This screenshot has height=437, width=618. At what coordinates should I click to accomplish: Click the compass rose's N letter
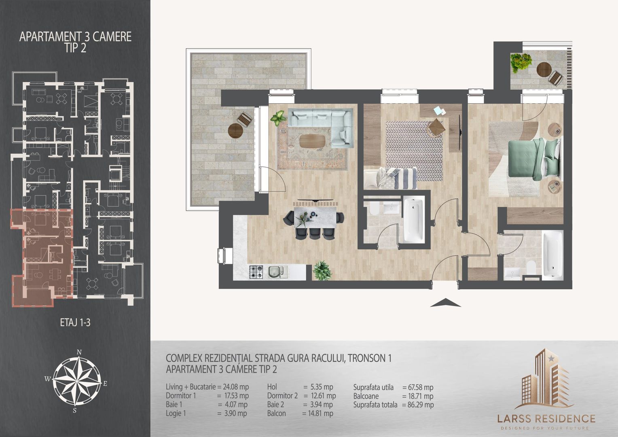pos(80,352)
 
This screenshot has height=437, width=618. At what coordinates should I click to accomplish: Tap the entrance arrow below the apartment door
pos(445,303)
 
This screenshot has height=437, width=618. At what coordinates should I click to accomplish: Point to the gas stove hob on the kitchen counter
pos(256,272)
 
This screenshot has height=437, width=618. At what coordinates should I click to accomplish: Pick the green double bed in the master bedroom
pos(534,158)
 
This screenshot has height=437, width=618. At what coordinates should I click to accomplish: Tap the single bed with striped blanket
pos(391,179)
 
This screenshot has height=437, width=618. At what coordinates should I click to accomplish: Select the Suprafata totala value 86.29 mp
pos(418,404)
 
